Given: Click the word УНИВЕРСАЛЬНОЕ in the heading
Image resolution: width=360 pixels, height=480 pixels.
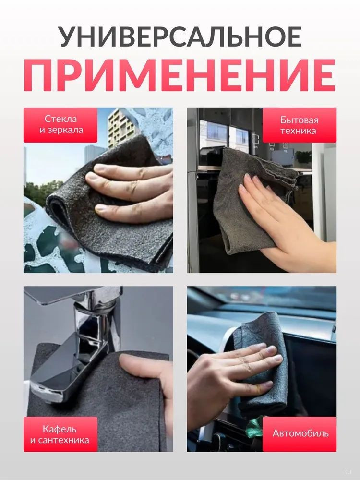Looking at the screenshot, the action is [x=180, y=36].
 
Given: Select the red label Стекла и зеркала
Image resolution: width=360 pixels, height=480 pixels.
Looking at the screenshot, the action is [x=60, y=125].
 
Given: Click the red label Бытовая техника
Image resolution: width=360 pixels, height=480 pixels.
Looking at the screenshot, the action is [x=299, y=125].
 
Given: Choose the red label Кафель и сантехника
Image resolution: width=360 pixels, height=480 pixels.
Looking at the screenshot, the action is [x=60, y=434].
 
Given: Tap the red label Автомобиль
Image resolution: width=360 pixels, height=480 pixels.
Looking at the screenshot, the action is [x=300, y=434].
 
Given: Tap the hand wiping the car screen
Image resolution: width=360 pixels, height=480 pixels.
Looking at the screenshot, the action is [x=229, y=376].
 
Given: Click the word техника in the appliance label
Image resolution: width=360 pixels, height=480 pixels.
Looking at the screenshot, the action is [x=298, y=131].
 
